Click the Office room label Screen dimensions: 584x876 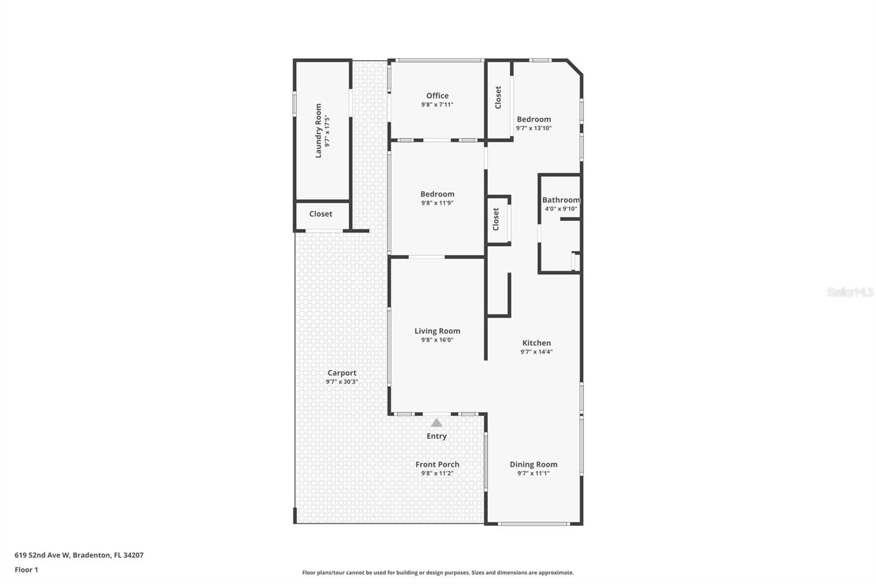pos(437,96)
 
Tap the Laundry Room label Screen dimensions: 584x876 pos(318,131)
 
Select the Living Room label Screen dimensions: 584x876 pos(437,331)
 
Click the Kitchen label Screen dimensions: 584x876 pos(536,343)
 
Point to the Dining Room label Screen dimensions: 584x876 pos(533,465)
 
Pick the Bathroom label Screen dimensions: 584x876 pos(561,200)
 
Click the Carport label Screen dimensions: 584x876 pos(342,373)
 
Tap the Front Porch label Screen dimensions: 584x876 pos(437,465)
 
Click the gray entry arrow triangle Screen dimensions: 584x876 pos(436,423)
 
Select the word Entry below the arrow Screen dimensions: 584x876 pos(436,436)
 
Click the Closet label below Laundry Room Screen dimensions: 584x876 pos(320,214)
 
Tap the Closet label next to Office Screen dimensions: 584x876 pos(498,98)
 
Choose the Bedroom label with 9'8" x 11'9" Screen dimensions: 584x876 pos(437,194)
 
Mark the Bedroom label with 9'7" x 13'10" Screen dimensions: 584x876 pos(533,119)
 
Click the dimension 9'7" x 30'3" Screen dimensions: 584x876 pos(342,382)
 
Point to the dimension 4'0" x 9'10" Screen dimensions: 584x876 pos(561,209)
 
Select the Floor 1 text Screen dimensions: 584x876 pos(26,570)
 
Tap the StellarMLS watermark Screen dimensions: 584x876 pos(850,292)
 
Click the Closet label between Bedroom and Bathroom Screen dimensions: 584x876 pos(495,219)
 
